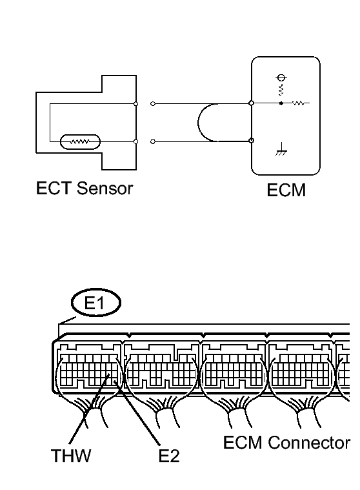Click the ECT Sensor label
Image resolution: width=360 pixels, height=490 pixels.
click(x=85, y=189)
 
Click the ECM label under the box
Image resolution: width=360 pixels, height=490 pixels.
click(x=286, y=190)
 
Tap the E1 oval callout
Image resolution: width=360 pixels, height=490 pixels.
click(x=96, y=303)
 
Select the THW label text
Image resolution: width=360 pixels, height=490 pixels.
click(x=71, y=456)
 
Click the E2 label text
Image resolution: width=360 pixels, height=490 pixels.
click(x=169, y=456)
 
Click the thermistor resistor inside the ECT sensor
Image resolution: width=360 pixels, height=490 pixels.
click(x=80, y=142)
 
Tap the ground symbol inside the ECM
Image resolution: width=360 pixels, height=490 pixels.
click(x=281, y=149)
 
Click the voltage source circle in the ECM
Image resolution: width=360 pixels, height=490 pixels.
click(x=281, y=77)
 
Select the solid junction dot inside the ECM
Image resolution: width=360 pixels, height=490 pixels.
click(x=281, y=103)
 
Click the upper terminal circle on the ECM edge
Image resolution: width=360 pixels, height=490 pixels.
click(x=252, y=103)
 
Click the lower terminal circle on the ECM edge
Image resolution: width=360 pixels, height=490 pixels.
click(x=252, y=141)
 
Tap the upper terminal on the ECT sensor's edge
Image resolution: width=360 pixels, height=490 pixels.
click(x=136, y=104)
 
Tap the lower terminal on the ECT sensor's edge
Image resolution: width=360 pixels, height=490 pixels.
click(x=136, y=141)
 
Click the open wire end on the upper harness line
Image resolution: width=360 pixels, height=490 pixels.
click(x=153, y=104)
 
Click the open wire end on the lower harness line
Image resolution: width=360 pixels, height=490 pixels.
click(x=153, y=141)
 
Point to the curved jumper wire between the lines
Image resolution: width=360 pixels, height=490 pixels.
click(x=198, y=122)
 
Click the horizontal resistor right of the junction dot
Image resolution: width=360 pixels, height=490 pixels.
click(x=299, y=103)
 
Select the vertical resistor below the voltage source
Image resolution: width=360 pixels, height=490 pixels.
click(x=281, y=90)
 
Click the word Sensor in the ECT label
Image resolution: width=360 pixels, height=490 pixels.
click(x=105, y=189)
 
